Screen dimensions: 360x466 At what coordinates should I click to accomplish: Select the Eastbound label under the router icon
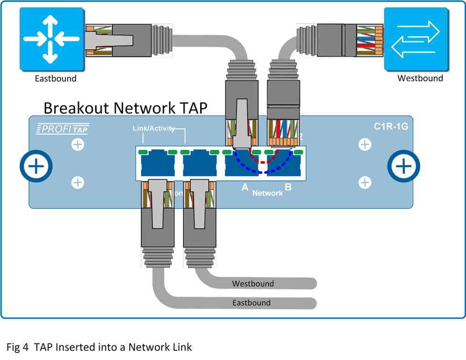[x=56, y=78]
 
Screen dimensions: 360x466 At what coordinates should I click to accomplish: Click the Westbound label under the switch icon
[x=420, y=78]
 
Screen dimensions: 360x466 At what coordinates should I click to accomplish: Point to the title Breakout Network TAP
[x=125, y=107]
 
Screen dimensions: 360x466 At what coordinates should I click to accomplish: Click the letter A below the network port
[x=244, y=188]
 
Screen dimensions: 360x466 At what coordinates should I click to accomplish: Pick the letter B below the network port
[x=288, y=188]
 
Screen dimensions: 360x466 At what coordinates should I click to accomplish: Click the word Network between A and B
[x=267, y=193]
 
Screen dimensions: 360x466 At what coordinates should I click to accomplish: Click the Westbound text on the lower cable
[x=253, y=283]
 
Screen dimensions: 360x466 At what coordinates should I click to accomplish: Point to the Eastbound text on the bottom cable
[x=251, y=303]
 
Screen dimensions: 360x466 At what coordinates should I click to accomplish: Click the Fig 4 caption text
[x=99, y=347]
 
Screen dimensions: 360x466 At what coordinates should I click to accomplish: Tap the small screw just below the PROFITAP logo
[x=77, y=145]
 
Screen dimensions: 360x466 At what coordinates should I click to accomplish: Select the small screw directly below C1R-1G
[x=365, y=145]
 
